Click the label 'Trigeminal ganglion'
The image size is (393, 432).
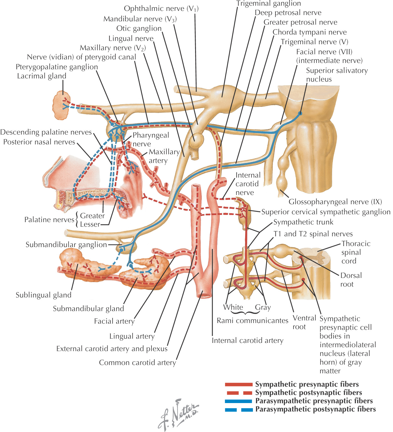pyautogui.click(x=268, y=4)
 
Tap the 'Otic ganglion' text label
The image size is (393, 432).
pyautogui.click(x=139, y=28)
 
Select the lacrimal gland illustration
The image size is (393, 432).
pyautogui.click(x=61, y=106)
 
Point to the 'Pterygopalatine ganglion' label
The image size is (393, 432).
pyautogui.click(x=57, y=67)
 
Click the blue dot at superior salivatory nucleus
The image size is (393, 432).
pyautogui.click(x=300, y=113)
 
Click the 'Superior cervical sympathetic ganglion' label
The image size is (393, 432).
pyautogui.click(x=326, y=212)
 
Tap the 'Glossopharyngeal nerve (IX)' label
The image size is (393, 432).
pyautogui.click(x=335, y=202)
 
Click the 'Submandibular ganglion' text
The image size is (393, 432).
pyautogui.click(x=66, y=245)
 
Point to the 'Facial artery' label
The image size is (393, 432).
pyautogui.click(x=114, y=321)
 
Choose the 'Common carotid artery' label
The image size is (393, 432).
pyautogui.click(x=138, y=363)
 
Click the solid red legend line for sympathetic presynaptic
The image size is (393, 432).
pyautogui.click(x=238, y=384)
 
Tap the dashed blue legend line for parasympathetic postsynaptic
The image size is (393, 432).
pyautogui.click(x=238, y=409)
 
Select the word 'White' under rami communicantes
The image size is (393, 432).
pyautogui.click(x=233, y=307)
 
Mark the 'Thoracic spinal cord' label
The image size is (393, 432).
pyautogui.click(x=355, y=252)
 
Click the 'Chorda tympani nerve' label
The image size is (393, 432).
pyautogui.click(x=309, y=32)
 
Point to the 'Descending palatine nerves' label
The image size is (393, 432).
pyautogui.click(x=46, y=132)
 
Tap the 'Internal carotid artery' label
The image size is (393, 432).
pyautogui.click(x=247, y=341)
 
